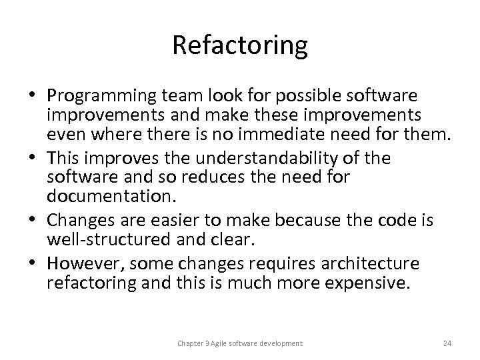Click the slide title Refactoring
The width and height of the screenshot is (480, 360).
pos(240,46)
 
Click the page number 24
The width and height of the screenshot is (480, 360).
pos(447,343)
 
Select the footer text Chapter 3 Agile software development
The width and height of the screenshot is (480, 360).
pos(240,343)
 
